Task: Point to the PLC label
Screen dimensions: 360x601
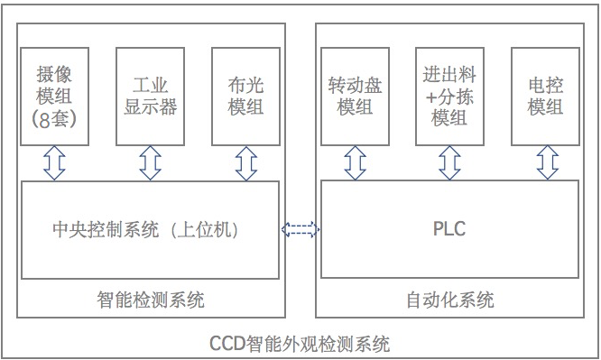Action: [448, 229]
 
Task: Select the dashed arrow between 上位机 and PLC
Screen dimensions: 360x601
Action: [300, 230]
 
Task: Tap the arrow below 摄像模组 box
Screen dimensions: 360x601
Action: [55, 163]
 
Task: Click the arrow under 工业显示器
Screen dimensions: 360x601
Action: [150, 163]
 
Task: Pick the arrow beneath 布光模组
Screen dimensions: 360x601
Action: [245, 163]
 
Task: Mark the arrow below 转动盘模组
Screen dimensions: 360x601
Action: [355, 163]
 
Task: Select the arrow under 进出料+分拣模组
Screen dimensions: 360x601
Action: [449, 163]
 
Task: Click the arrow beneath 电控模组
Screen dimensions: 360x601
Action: [546, 163]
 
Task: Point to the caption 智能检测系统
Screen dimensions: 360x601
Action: [150, 300]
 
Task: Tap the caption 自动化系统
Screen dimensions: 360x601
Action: [449, 300]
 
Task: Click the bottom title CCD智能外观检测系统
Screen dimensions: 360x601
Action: [300, 344]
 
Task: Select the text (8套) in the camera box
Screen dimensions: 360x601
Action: [54, 118]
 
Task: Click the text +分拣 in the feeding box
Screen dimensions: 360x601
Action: [449, 96]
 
